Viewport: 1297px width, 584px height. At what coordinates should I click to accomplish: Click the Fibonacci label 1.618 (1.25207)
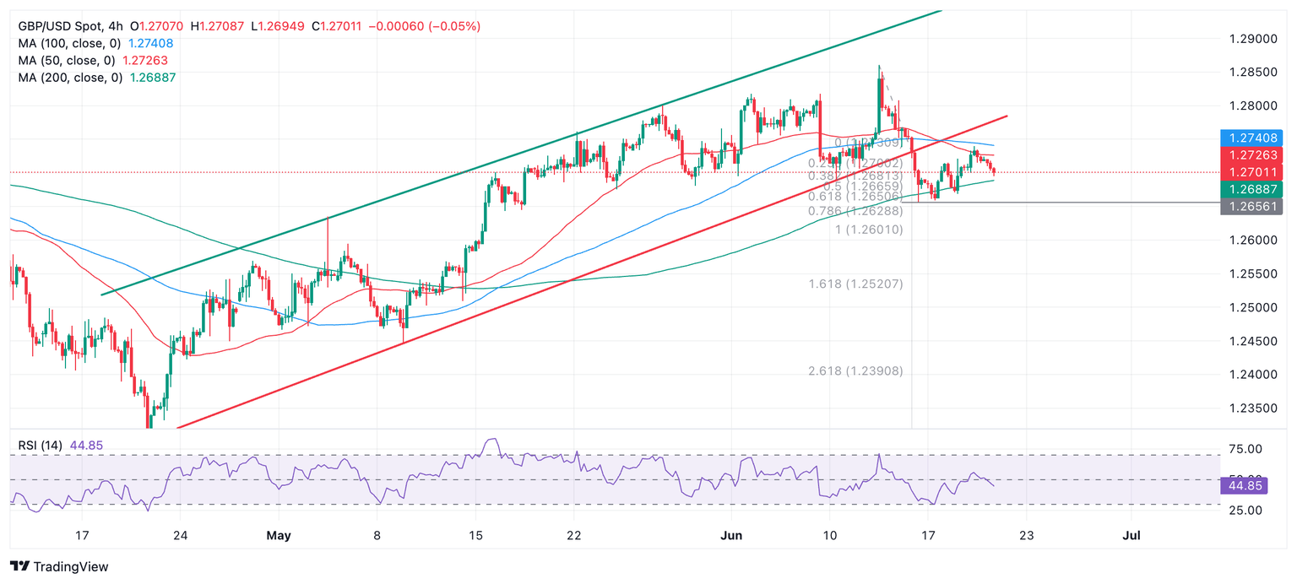pyautogui.click(x=855, y=284)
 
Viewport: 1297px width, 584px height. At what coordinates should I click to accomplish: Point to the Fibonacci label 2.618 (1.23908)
pyautogui.click(x=855, y=370)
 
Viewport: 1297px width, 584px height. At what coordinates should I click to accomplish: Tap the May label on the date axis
pyautogui.click(x=278, y=535)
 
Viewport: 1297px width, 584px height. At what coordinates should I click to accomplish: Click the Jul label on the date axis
pyautogui.click(x=1131, y=535)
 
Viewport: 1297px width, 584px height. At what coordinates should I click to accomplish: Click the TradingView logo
pyautogui.click(x=59, y=566)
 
